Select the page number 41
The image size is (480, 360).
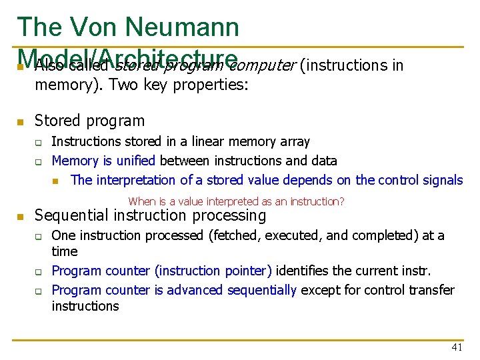[x=456, y=347]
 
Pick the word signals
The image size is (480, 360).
[x=442, y=180]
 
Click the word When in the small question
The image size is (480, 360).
[x=141, y=201]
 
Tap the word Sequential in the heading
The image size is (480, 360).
[x=72, y=215]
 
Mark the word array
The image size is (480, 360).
[x=295, y=141]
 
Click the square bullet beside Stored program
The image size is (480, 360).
[x=20, y=122]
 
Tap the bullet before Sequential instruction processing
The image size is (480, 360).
[x=20, y=217]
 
